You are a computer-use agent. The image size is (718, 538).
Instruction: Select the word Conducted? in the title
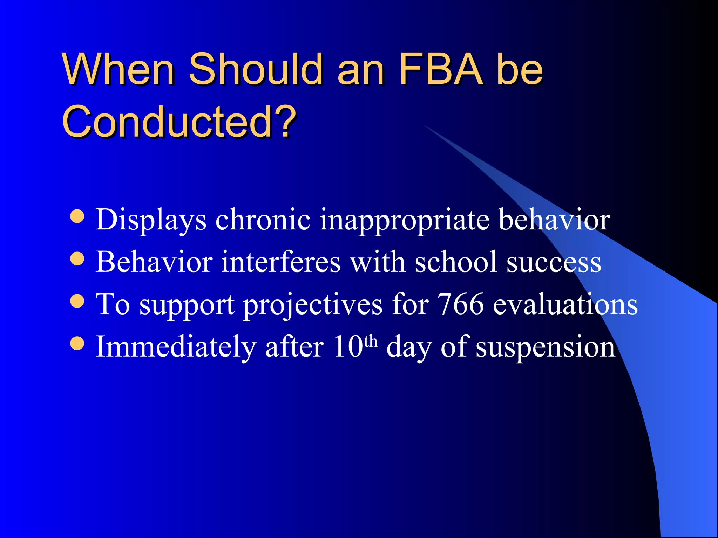coord(179,122)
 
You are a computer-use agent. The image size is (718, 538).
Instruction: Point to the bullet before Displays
coord(77,216)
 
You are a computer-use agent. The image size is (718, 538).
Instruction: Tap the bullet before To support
coord(77,301)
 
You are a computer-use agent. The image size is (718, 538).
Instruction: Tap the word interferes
coord(281,262)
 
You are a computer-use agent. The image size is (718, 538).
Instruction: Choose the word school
coord(456,262)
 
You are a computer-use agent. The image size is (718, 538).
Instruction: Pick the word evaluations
coord(565,304)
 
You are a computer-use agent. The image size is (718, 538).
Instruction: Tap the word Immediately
coord(176,347)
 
